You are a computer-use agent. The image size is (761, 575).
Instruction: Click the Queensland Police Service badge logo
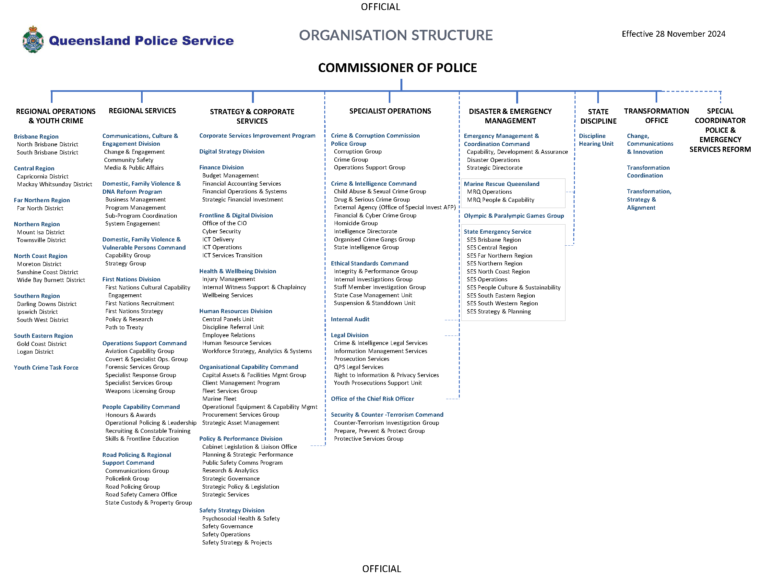click(33, 40)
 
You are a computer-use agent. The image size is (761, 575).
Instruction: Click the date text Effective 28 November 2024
click(673, 34)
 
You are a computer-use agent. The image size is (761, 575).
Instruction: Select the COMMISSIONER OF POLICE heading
click(397, 68)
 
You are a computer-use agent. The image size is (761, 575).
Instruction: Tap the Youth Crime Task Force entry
click(46, 367)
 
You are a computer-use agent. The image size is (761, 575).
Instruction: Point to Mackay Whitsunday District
click(54, 184)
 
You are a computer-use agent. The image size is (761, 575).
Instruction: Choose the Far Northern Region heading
click(42, 200)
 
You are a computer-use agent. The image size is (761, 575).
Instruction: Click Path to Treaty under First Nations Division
click(124, 327)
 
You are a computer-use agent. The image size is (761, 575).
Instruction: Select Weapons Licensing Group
click(140, 391)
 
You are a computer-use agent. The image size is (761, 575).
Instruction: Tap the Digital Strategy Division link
click(232, 152)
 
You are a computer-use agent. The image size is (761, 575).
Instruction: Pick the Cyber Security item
click(221, 231)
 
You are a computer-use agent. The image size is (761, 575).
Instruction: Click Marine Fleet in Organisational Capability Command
click(219, 399)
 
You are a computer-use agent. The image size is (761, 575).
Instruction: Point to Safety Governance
click(227, 526)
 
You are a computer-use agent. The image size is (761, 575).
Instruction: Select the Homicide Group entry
click(355, 223)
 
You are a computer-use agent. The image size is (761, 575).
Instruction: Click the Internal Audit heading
click(350, 319)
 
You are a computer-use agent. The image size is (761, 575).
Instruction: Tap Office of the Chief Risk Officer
click(372, 399)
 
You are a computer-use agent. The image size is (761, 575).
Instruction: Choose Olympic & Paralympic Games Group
click(513, 216)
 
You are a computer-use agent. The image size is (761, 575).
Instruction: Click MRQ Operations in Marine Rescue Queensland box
click(489, 192)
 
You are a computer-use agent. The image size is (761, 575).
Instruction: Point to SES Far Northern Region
click(499, 255)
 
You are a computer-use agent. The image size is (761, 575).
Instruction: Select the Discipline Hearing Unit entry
click(596, 140)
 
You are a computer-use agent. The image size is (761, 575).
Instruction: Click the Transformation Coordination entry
click(648, 171)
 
